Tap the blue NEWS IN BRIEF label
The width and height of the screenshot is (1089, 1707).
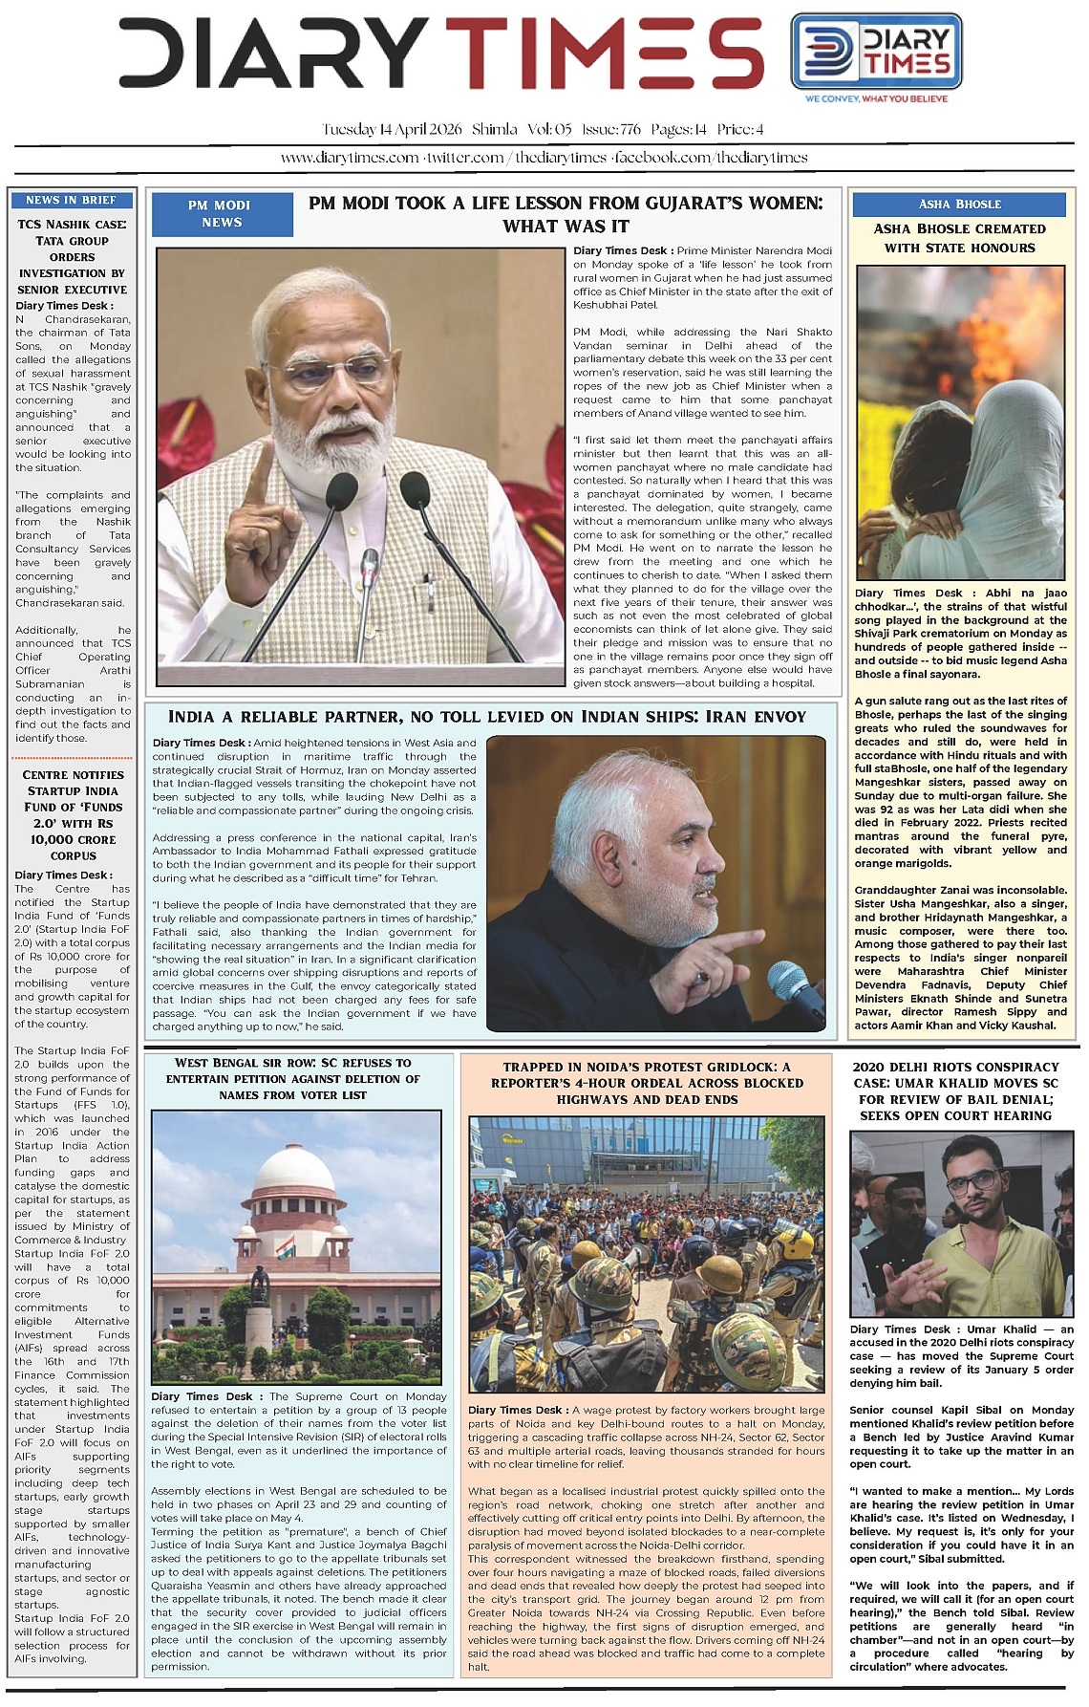point(72,200)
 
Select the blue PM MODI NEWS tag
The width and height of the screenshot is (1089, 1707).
point(221,214)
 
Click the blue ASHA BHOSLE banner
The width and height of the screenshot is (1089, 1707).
point(959,204)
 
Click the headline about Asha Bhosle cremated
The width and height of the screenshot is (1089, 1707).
point(959,238)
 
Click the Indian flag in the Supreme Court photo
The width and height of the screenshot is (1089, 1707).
point(285,1245)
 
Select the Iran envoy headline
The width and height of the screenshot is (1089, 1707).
point(487,717)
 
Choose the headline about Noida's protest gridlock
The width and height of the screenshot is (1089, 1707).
point(647,1083)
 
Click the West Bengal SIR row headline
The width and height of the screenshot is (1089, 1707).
point(292,1078)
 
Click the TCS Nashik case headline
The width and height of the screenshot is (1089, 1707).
point(72,256)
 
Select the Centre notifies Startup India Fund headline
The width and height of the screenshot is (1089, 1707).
point(73,815)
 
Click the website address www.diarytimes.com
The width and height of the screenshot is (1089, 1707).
point(349,158)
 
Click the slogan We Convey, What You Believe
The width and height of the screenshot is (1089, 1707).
point(876,98)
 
